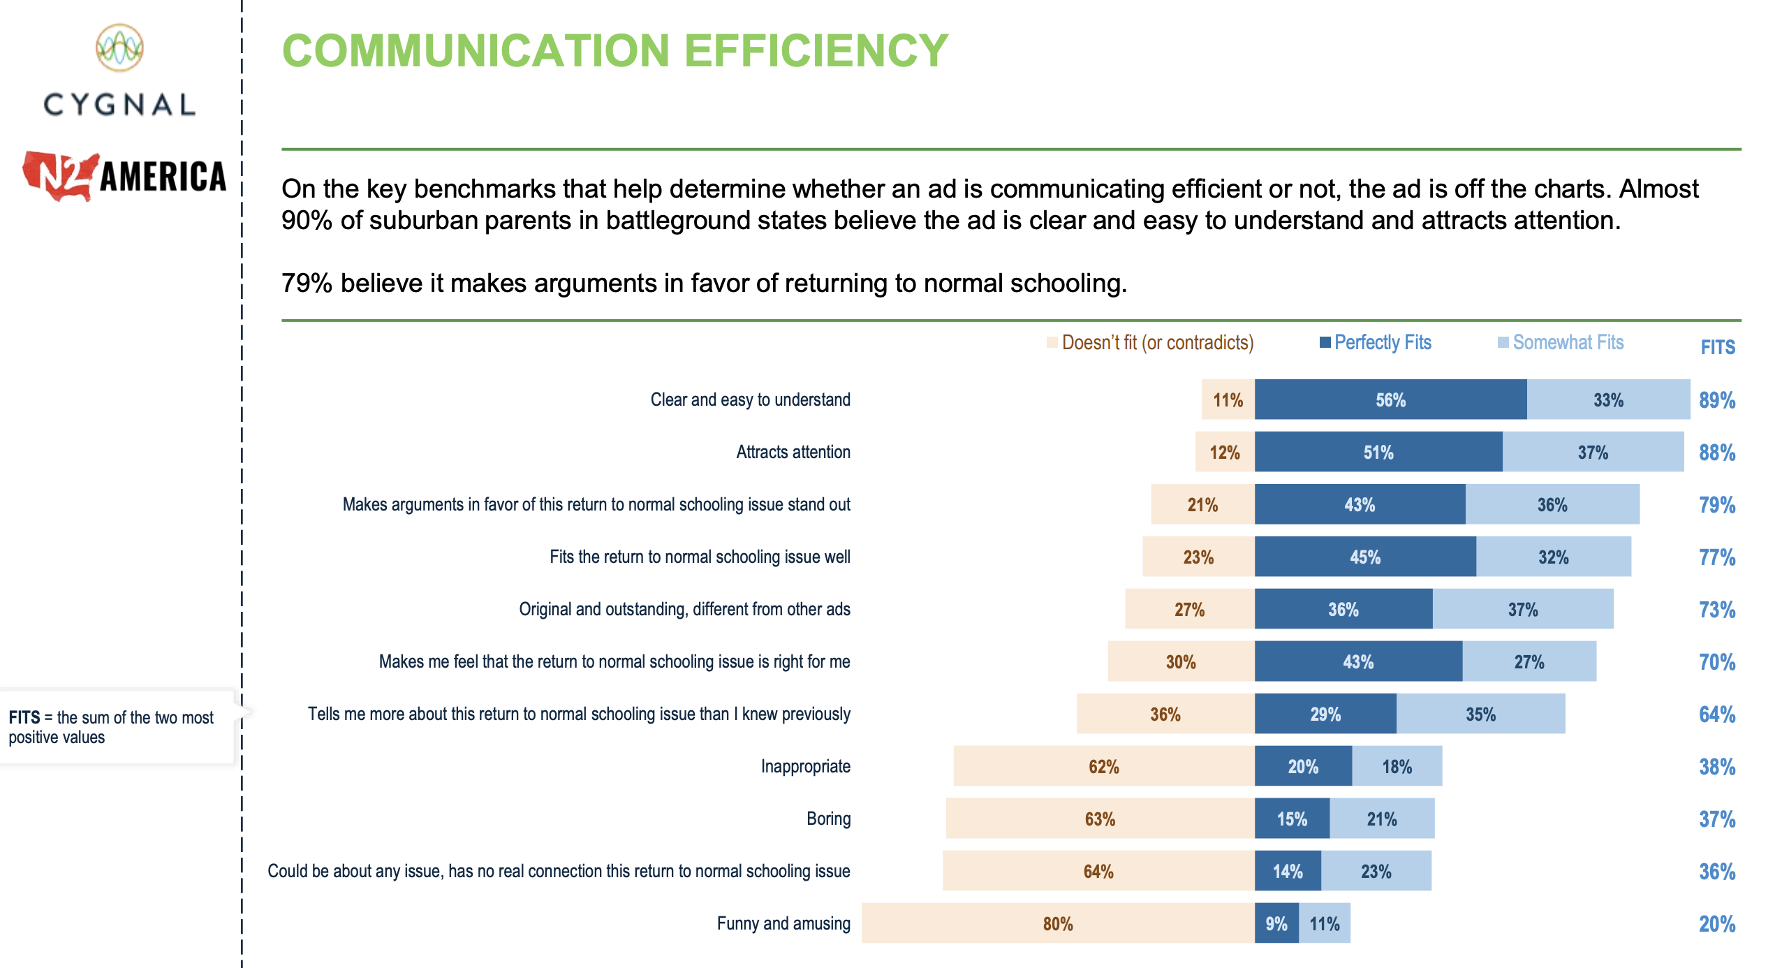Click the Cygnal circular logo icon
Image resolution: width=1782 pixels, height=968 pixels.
pyautogui.click(x=119, y=47)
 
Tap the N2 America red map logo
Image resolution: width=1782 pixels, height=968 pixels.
pyautogui.click(x=59, y=176)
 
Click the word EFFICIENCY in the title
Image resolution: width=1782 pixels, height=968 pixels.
pyautogui.click(x=816, y=50)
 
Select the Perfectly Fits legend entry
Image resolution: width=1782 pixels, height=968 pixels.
pyautogui.click(x=1375, y=342)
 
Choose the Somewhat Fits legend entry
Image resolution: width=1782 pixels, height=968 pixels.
pyautogui.click(x=1561, y=342)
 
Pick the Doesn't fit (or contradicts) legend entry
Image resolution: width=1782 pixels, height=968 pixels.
pyautogui.click(x=1150, y=342)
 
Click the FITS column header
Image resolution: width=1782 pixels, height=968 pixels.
pyautogui.click(x=1717, y=347)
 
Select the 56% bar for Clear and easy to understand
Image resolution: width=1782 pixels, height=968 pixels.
pyautogui.click(x=1390, y=399)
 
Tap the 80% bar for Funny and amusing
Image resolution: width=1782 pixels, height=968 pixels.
pyautogui.click(x=1057, y=923)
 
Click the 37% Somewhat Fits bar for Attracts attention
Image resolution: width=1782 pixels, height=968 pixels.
pyautogui.click(x=1592, y=452)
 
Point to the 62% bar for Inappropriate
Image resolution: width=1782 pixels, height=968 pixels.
pyautogui.click(x=1103, y=766)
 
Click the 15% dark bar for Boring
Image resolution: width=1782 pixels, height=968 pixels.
pyautogui.click(x=1292, y=819)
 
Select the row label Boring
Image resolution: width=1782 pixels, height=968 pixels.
pyautogui.click(x=828, y=819)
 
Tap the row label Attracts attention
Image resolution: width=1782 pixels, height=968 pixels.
pyautogui.click(x=793, y=452)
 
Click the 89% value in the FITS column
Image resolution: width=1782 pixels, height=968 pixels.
pyautogui.click(x=1716, y=400)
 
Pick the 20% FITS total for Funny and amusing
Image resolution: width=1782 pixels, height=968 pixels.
pyautogui.click(x=1716, y=924)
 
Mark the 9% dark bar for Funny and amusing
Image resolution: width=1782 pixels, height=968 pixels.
pyautogui.click(x=1276, y=923)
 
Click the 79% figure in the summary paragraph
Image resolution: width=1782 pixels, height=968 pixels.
pyautogui.click(x=306, y=283)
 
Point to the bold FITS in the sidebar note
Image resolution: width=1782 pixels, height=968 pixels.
pyautogui.click(x=24, y=717)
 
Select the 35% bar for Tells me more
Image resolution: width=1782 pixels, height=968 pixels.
pyautogui.click(x=1480, y=714)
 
